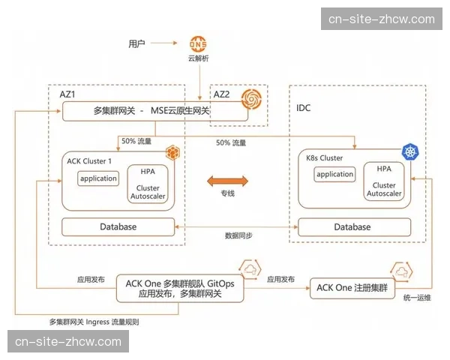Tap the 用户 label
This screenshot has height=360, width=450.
(136, 43)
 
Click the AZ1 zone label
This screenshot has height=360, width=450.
(68, 94)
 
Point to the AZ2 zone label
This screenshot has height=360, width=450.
(223, 94)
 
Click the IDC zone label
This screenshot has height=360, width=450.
(304, 108)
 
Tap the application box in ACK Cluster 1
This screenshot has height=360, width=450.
(99, 178)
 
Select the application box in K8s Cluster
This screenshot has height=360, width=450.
(334, 174)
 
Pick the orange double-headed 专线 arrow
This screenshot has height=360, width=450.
(227, 181)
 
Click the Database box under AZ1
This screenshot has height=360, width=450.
(118, 226)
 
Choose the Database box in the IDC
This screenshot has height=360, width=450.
(352, 226)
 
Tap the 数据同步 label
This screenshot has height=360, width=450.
(238, 235)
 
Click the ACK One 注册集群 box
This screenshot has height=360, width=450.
(351, 287)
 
